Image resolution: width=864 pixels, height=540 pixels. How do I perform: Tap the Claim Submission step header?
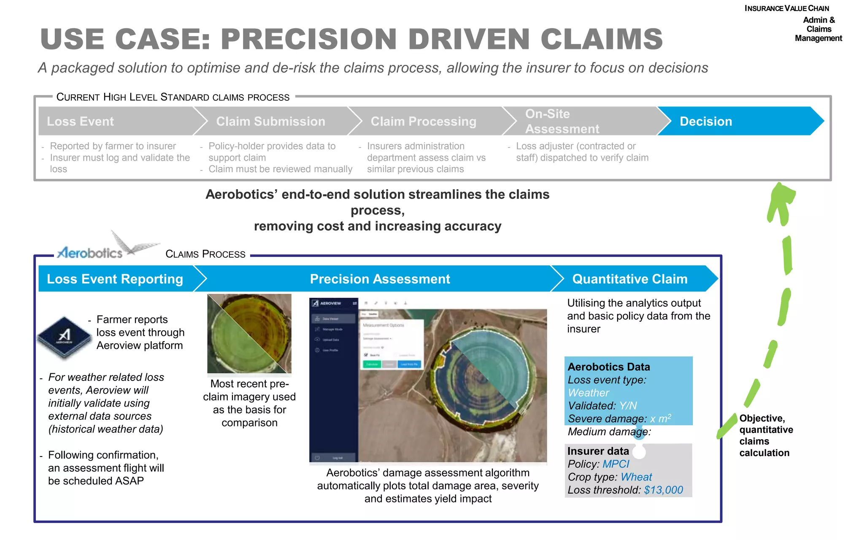tap(270, 121)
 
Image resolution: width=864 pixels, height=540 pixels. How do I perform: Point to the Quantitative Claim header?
tap(629, 279)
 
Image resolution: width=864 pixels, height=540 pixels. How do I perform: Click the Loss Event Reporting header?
tap(115, 279)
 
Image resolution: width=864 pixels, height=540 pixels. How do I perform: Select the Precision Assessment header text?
tap(380, 279)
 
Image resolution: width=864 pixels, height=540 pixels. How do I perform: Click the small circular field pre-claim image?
tap(249, 333)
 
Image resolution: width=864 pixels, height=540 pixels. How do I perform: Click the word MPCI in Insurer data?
tap(616, 464)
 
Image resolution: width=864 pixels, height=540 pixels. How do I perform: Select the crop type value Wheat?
tap(636, 477)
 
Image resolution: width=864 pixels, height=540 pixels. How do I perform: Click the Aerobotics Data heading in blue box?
tap(608, 367)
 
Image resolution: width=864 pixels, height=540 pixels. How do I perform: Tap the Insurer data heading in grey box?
tap(598, 451)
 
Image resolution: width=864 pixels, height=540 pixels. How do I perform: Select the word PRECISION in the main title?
tap(308, 39)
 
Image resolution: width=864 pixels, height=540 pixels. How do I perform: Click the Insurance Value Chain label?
tap(786, 8)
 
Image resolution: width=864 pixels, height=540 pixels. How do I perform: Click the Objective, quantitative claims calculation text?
tap(766, 435)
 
